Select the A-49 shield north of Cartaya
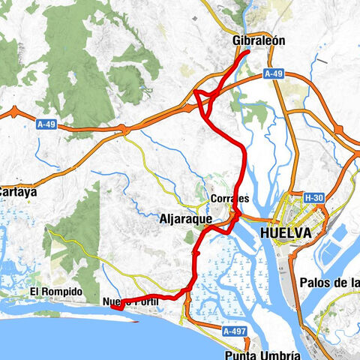pyautogui.click(x=46, y=123)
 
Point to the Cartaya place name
pyautogui.click(x=16, y=191)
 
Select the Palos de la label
pyautogui.click(x=328, y=283)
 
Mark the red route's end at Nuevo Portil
pyautogui.click(x=112, y=305)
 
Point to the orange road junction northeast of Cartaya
pyautogui.click(x=125, y=129)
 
